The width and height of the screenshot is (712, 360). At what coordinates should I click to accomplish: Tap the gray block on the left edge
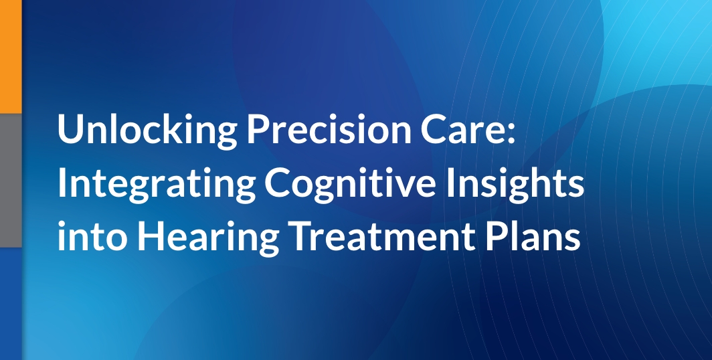tap(10, 180)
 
